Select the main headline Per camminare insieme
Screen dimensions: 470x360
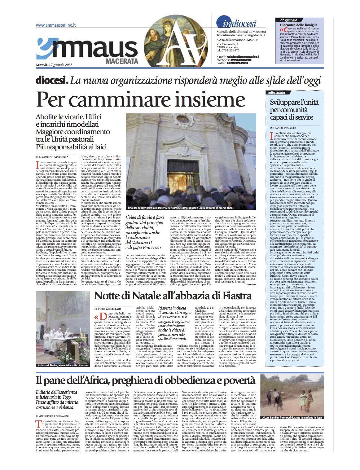(139, 99)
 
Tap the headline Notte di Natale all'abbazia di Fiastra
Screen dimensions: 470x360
(173, 296)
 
